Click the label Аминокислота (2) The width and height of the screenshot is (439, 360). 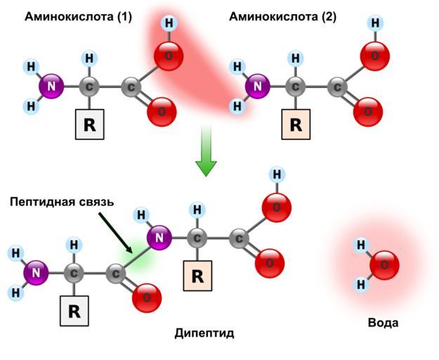coord(282,16)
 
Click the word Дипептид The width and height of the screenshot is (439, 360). coord(204,333)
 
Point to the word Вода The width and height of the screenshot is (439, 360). coord(383,323)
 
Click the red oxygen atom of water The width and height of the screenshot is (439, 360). coord(384,266)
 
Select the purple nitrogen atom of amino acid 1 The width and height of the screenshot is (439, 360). coord(51,87)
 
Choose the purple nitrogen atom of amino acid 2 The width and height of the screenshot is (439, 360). coord(258,88)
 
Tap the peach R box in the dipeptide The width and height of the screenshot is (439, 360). coord(197,276)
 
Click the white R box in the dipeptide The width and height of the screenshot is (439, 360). coord(74,312)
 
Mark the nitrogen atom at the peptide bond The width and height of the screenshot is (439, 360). coord(159,238)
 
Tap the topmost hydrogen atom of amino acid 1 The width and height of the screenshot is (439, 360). coord(169,23)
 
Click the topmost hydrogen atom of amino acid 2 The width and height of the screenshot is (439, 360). coord(375,23)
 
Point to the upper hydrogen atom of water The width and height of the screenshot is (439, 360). coord(361,245)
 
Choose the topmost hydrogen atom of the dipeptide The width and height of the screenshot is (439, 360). coord(277,174)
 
